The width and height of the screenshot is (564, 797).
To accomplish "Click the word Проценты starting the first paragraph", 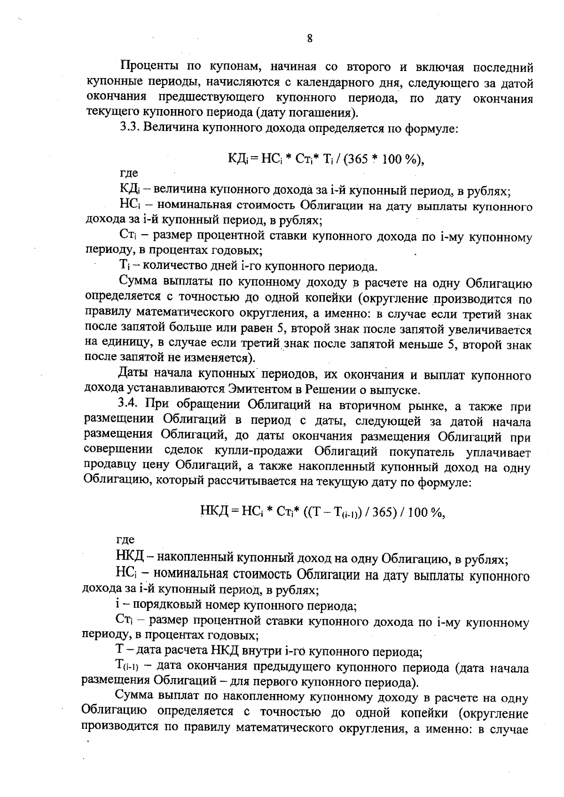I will point(148,68).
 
